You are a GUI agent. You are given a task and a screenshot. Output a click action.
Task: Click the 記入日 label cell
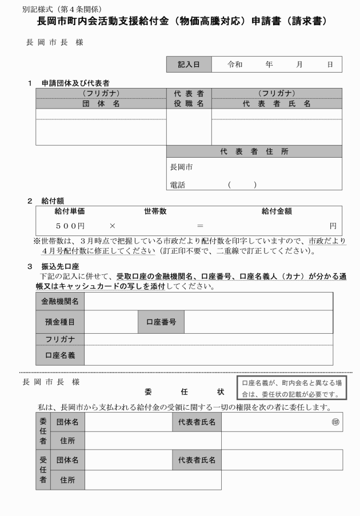pyautogui.click(x=189, y=65)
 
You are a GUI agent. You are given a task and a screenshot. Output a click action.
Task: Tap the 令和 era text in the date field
pyautogui.click(x=234, y=65)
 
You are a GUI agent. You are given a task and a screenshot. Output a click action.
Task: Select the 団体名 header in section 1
pyautogui.click(x=101, y=103)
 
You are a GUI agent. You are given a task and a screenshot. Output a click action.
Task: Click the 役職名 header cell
pyautogui.click(x=189, y=103)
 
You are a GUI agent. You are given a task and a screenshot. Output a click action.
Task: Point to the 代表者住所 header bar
pyautogui.click(x=254, y=151)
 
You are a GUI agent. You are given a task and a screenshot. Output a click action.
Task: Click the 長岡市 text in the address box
pyautogui.click(x=181, y=167)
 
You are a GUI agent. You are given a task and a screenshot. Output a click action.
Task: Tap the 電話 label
pyautogui.click(x=178, y=185)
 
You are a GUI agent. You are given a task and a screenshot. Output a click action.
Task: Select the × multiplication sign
pyautogui.click(x=113, y=226)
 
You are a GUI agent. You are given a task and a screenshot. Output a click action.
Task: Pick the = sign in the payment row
pyautogui.click(x=200, y=226)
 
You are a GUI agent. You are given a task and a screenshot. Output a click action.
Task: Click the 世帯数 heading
pyautogui.click(x=155, y=211)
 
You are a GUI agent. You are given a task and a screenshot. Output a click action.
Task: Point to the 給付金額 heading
pyautogui.click(x=277, y=211)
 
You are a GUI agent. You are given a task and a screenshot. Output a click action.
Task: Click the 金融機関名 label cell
pyautogui.click(x=60, y=301)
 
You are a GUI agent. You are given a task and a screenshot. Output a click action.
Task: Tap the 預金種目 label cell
pyautogui.click(x=60, y=322)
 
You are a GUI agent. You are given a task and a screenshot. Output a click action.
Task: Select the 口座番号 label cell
pyautogui.click(x=161, y=322)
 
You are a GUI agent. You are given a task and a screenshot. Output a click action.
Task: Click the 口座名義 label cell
pyautogui.click(x=60, y=355)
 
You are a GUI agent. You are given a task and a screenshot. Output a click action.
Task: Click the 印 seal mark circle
pyautogui.click(x=335, y=422)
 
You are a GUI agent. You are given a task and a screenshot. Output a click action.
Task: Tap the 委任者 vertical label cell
pyautogui.click(x=43, y=431)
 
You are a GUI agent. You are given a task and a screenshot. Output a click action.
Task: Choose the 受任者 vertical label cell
pyautogui.click(x=43, y=469)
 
